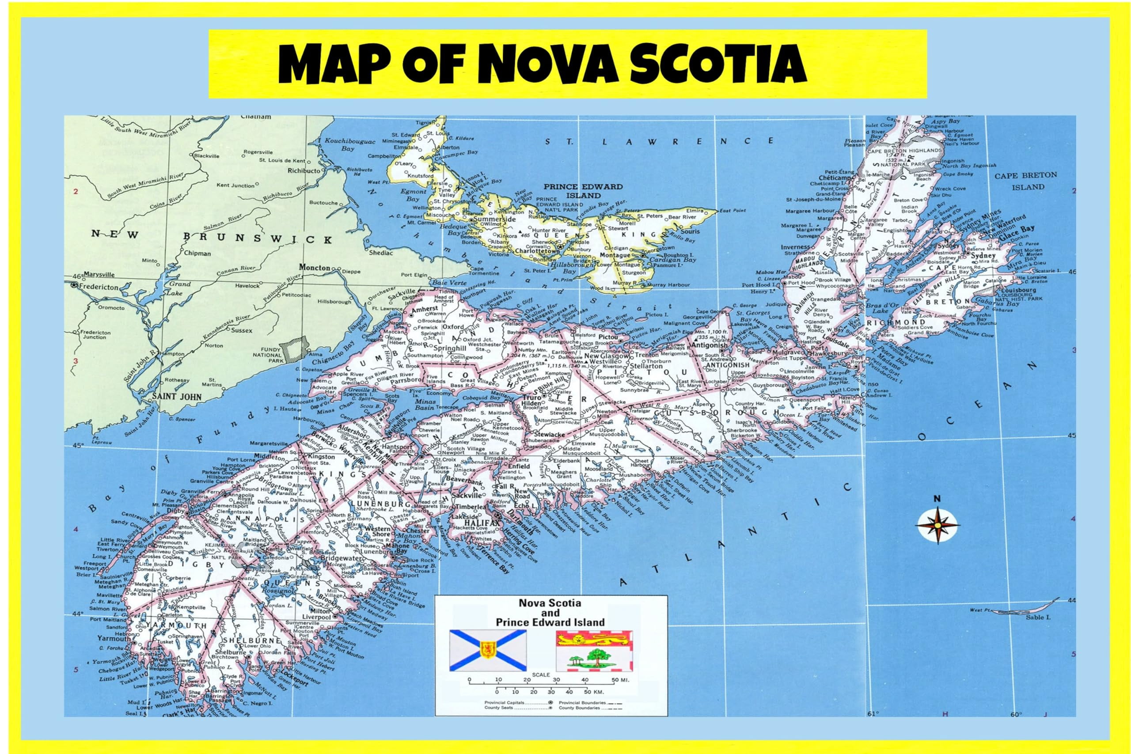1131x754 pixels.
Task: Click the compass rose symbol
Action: click(937, 525)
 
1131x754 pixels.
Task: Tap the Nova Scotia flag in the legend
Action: click(488, 650)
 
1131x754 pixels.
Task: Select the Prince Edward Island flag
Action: click(594, 651)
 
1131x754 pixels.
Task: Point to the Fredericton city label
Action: click(98, 287)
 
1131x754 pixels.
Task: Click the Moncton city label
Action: click(315, 267)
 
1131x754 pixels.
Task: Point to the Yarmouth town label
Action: click(113, 639)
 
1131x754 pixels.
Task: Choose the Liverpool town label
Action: click(316, 617)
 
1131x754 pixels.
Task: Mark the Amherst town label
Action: click(425, 308)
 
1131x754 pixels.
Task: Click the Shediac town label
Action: click(381, 253)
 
